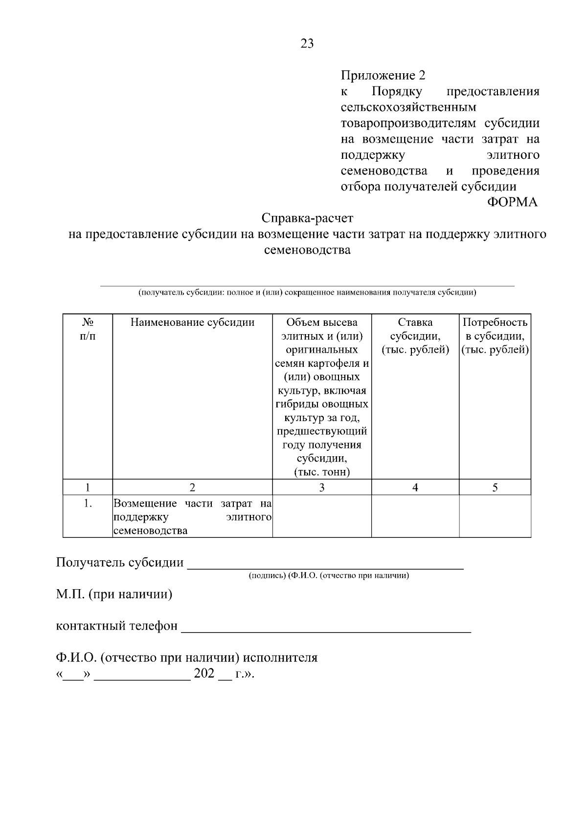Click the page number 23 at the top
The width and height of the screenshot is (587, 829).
coord(307,44)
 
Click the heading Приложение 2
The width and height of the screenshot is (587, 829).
coord(383,75)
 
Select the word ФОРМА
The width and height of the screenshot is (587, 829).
coord(512,202)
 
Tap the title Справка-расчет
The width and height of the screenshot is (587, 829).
coord(307,218)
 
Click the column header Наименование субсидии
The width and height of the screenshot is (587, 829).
coord(192,322)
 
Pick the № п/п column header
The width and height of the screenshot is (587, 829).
coord(88,329)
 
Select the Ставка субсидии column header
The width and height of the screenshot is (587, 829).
coord(415,336)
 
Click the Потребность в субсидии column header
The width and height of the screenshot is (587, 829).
coord(495,336)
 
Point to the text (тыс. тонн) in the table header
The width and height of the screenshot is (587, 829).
coord(321,472)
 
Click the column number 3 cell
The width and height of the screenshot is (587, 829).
coord(321,487)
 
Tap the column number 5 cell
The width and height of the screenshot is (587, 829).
coord(495,487)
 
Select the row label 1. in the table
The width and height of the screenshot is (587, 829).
coord(88,503)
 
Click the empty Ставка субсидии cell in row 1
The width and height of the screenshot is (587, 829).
coord(415,516)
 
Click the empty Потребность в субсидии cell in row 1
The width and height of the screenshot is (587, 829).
coord(495,516)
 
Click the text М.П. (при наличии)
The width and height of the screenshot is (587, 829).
coord(114,595)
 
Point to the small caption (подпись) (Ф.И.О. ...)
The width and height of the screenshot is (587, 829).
coord(329,575)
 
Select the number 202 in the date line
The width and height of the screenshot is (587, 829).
coord(204,674)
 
